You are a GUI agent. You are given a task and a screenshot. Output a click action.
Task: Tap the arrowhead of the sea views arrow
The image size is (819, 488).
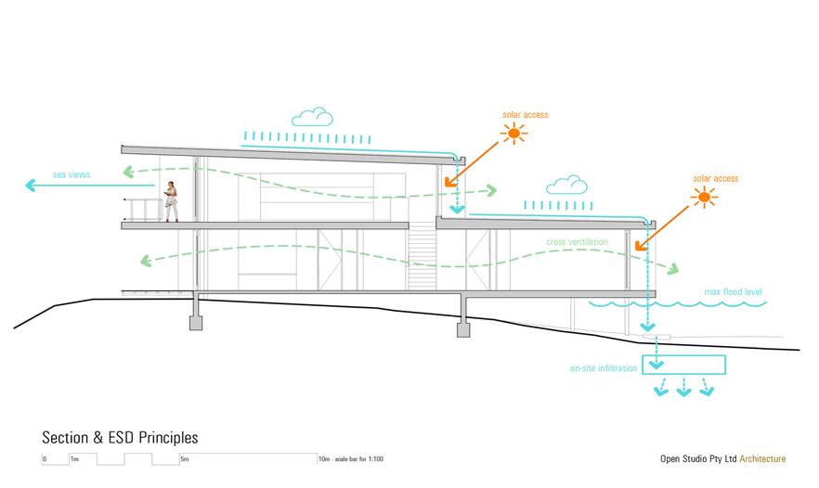point(29,186)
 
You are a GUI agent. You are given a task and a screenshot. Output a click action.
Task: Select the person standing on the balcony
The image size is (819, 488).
point(171,201)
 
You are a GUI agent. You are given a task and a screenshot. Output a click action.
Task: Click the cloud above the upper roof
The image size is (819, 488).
point(312,117)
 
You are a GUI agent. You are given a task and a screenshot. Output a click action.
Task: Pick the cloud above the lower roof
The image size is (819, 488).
point(565,186)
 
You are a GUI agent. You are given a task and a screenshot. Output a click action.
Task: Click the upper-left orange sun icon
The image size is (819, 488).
point(513,135)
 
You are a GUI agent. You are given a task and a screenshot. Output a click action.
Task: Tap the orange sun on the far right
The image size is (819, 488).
point(705,197)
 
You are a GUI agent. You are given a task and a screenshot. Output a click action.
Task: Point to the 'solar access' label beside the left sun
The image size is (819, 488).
point(525,115)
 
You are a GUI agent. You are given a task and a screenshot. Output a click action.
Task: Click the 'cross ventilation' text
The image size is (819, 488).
point(577,241)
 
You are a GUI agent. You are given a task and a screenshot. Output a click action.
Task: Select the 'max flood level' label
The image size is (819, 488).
point(733,293)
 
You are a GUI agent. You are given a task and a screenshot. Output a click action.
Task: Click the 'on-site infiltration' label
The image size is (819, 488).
point(604,368)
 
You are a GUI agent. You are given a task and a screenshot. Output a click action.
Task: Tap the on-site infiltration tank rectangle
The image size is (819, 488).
point(683,365)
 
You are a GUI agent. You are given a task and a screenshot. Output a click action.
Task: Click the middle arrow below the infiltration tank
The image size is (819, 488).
point(684,389)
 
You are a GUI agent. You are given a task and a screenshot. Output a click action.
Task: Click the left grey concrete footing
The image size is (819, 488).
point(196,323)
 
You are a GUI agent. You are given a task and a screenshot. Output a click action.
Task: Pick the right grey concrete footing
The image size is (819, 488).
point(463,327)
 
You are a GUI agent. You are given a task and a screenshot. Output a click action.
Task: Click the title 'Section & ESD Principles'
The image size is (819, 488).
point(120,437)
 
